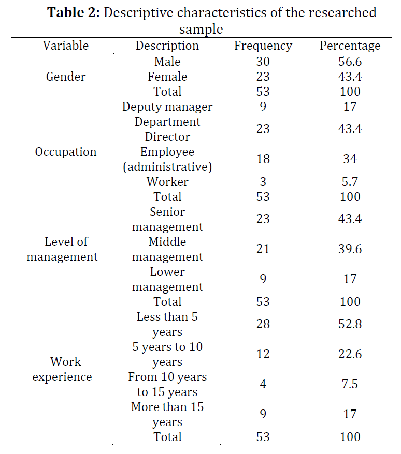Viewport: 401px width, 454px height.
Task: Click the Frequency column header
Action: (x=263, y=46)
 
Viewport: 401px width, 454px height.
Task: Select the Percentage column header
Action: (x=350, y=46)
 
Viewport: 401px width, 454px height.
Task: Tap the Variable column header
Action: (x=66, y=46)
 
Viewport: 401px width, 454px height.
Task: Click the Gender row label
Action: (x=66, y=77)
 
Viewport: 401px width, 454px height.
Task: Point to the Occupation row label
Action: (x=66, y=152)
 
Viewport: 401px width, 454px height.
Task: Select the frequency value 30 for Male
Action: (x=263, y=62)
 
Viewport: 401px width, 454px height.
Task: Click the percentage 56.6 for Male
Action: (x=350, y=62)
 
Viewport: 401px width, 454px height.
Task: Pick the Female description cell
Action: (x=167, y=77)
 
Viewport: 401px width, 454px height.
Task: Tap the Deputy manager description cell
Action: (x=167, y=107)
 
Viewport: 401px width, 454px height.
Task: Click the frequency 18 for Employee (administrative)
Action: (x=263, y=159)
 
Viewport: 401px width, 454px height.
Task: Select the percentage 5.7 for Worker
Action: (x=350, y=182)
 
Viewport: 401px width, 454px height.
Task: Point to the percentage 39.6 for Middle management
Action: (x=350, y=249)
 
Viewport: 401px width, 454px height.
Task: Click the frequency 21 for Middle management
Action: (x=263, y=249)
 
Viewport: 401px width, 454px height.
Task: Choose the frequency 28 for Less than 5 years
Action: (x=263, y=324)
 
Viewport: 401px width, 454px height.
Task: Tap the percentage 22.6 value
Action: (x=350, y=354)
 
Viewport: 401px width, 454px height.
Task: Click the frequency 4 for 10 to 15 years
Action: (x=263, y=384)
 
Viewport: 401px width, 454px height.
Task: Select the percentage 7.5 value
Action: (x=350, y=384)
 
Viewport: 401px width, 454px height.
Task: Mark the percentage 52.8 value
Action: (x=350, y=324)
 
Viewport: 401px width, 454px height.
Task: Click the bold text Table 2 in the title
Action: (x=74, y=13)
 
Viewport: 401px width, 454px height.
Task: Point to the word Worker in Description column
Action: (x=167, y=182)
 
